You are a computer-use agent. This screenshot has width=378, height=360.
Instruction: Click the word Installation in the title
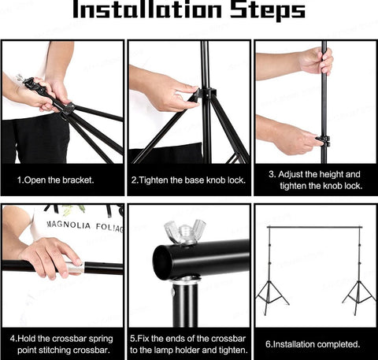click(x=147, y=9)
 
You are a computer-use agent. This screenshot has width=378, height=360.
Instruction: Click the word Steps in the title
click(x=268, y=10)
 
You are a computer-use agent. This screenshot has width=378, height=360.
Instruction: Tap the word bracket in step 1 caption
click(x=77, y=180)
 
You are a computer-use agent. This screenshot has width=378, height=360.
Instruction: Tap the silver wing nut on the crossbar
click(x=185, y=231)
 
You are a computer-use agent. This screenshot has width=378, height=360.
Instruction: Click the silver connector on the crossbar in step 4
click(x=75, y=268)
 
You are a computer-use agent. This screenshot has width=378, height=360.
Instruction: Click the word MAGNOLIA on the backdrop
click(x=69, y=225)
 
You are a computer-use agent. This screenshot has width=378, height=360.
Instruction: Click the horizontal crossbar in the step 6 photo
click(x=314, y=227)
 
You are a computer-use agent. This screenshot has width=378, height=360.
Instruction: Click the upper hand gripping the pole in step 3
click(x=316, y=61)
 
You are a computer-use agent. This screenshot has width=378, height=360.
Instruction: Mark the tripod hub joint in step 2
click(x=206, y=94)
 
